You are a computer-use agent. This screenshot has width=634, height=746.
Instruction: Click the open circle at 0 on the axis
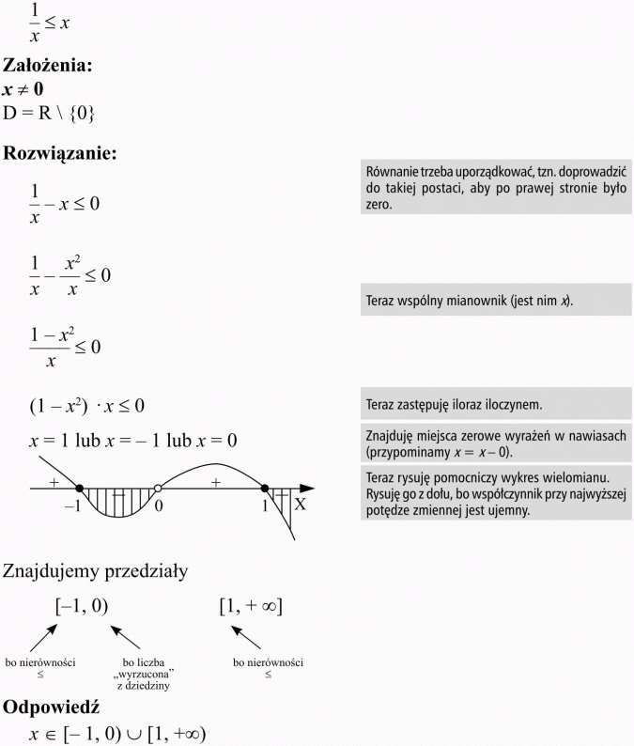158,489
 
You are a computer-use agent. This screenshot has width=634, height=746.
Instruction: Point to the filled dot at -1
79,489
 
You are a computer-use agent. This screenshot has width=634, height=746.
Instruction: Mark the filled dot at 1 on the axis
265,489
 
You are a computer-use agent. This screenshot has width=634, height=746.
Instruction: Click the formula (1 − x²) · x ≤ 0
89,407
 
